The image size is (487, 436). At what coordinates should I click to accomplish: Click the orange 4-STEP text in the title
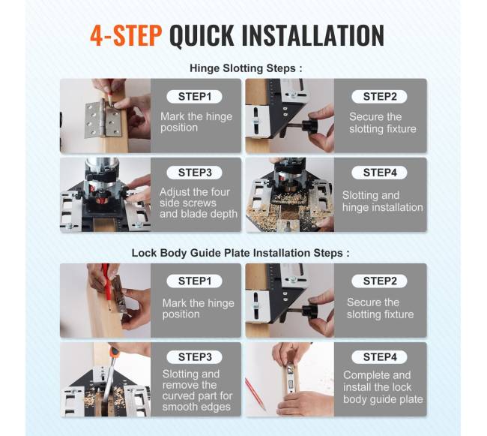tap(126, 35)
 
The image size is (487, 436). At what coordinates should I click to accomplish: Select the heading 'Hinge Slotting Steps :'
tap(246, 68)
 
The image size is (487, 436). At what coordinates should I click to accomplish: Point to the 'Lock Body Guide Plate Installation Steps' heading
tap(241, 253)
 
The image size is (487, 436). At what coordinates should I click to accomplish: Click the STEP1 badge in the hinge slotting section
tap(195, 96)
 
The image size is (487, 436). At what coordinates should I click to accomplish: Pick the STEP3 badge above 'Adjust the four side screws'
tap(195, 173)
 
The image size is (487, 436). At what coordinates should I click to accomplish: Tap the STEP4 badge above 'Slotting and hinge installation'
tap(380, 173)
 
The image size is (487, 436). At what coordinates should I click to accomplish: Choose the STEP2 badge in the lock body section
tap(380, 281)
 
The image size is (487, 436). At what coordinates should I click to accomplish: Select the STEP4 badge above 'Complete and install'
tap(380, 356)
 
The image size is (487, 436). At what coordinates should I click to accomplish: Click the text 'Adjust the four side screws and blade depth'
tap(199, 203)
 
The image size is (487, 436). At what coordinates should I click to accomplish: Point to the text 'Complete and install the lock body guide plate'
tap(383, 387)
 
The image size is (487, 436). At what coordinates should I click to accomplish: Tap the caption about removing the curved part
tap(197, 390)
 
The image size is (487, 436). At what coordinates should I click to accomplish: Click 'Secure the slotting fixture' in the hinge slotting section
tap(383, 122)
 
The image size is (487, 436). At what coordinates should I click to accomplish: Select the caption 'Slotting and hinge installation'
tap(383, 201)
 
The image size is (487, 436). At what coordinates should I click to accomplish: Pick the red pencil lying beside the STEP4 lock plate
tap(255, 394)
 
